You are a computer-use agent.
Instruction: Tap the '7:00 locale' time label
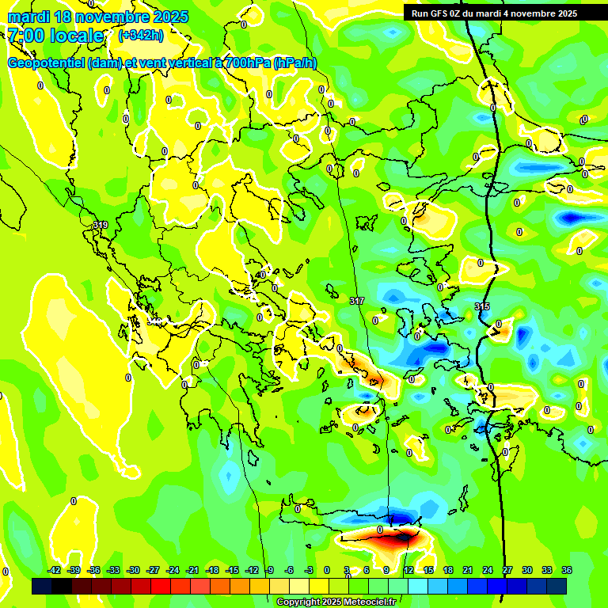55,36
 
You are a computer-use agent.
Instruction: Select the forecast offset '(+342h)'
141,36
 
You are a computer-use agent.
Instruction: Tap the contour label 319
100,226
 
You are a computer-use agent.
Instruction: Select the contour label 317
356,301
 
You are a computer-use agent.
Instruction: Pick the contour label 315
482,306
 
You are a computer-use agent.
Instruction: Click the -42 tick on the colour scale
55,570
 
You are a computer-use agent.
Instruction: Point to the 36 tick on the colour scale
567,570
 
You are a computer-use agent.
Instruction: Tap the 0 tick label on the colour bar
327,570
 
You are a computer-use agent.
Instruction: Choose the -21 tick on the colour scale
192,570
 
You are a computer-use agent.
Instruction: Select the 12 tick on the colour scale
408,570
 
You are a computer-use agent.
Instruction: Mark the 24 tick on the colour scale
487,570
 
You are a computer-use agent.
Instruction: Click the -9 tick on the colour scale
269,570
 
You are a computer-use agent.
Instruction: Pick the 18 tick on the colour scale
447,570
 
